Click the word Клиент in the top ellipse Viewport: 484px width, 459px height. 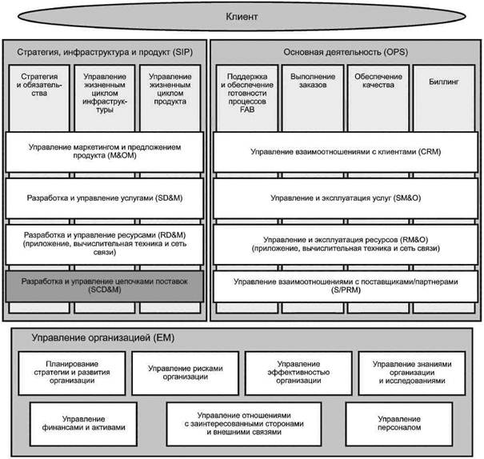pos(242,16)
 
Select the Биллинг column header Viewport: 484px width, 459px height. pos(443,82)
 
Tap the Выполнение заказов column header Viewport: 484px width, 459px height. pos(313,81)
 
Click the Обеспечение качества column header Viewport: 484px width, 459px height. pos(378,81)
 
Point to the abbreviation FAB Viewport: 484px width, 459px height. pos(247,110)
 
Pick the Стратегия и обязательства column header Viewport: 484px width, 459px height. pos(39,85)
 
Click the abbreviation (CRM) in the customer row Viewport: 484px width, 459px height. pos(430,152)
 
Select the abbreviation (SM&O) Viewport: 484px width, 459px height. pos(407,198)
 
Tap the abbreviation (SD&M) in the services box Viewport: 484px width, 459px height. pos(169,198)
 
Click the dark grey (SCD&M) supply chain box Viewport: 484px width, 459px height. pos(105,286)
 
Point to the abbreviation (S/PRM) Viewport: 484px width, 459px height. pos(346,290)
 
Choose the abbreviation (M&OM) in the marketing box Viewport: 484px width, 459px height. pos(122,155)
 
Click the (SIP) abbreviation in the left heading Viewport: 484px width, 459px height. pos(182,52)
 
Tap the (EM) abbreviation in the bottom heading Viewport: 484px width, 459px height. pos(163,337)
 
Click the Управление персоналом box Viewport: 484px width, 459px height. pos(399,424)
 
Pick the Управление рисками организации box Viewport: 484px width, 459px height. pos(186,373)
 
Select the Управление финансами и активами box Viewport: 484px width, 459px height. pos(83,424)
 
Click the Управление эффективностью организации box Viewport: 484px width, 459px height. pos(298,373)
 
